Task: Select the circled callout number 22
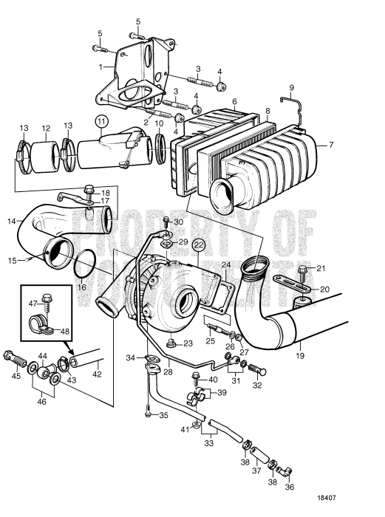pos(199,244)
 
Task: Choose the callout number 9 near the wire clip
pos(291,87)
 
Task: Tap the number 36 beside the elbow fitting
pos(290,487)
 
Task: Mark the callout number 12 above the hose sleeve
pos(45,127)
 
